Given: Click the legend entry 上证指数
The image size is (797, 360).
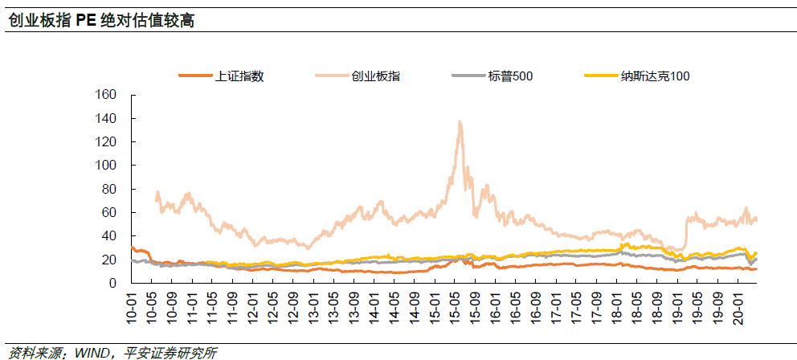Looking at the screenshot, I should click(239, 76).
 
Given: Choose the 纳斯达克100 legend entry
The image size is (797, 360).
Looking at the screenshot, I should click(655, 76).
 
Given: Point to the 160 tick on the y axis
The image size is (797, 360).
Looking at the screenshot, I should click(107, 95).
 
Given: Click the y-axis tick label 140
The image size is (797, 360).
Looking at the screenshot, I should click(107, 118).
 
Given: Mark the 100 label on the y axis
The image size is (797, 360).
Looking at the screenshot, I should click(107, 166).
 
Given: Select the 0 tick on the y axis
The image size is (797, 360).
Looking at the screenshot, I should click(113, 284).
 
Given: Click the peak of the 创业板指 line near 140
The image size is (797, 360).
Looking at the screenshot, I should click(459, 121).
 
